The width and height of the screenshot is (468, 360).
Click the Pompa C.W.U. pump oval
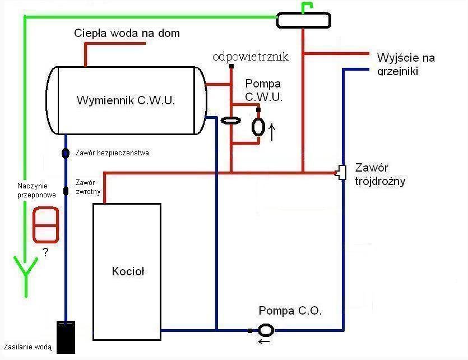[258, 127]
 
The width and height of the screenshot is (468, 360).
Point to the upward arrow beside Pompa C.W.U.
[272, 132]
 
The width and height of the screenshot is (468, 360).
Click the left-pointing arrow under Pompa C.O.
[263, 340]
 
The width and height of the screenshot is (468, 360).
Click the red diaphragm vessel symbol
[45, 225]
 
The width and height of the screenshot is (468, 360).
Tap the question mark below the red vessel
[45, 253]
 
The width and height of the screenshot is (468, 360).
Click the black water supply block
[66, 336]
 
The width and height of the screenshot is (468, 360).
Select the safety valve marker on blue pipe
[65, 153]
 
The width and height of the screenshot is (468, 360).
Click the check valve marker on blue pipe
[65, 191]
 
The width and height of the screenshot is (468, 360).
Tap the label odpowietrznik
[251, 57]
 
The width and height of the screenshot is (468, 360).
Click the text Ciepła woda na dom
[127, 33]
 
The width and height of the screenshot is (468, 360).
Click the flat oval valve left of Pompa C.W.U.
[230, 120]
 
